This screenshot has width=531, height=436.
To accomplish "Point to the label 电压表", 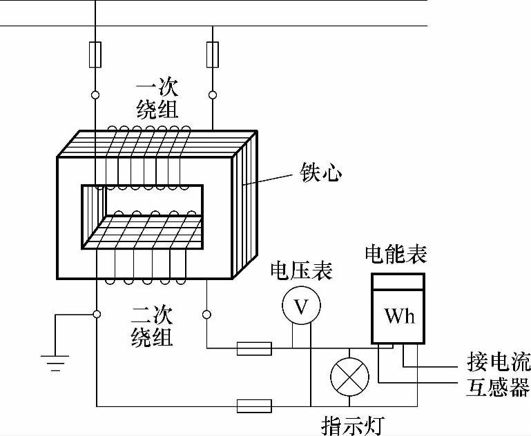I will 301,270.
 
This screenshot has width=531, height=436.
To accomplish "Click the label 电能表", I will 396,255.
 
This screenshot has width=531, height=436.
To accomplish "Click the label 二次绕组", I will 152,327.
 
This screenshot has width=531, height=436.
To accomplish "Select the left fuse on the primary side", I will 96,54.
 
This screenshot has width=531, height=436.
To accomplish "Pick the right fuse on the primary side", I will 213,54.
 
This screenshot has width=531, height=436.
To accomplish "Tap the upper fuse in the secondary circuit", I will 254,348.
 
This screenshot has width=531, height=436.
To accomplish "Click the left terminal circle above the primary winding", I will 96,94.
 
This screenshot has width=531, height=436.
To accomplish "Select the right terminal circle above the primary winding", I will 213,94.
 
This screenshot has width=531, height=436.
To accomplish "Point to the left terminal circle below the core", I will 96,315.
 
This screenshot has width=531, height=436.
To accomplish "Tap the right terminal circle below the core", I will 207,315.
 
